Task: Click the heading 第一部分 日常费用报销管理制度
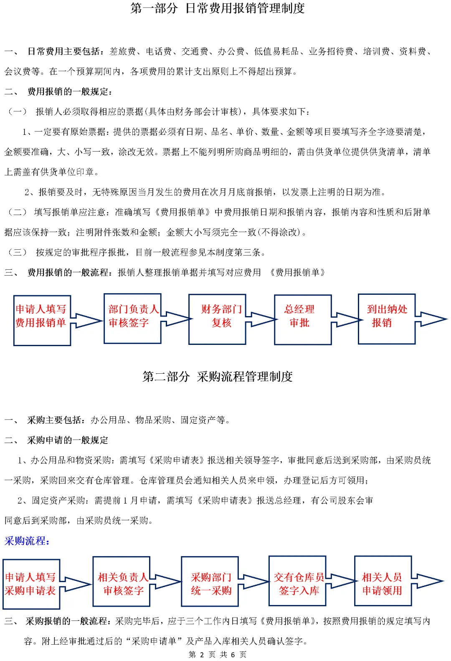[218, 8]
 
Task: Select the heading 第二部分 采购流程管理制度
[218, 377]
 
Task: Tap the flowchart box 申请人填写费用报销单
[41, 320]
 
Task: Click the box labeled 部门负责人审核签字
[132, 318]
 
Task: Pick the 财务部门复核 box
[217, 319]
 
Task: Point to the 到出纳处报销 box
[386, 319]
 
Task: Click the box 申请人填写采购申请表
[31, 584]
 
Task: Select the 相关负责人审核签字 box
[121, 581]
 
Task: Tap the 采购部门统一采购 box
[210, 581]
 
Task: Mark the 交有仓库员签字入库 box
[297, 581]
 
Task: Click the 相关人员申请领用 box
[383, 581]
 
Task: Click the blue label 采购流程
[27, 541]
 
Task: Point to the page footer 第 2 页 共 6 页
[218, 654]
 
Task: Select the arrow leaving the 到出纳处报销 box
[431, 319]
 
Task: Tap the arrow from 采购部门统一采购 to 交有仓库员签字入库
[253, 581]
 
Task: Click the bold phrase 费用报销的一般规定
[69, 92]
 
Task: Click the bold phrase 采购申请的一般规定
[68, 440]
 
